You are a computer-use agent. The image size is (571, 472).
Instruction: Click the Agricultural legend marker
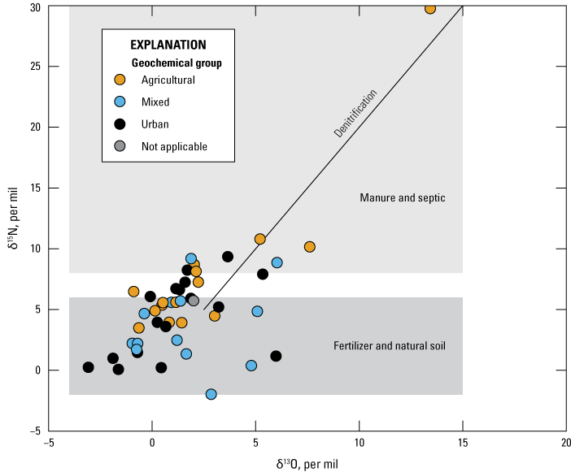pos(120,80)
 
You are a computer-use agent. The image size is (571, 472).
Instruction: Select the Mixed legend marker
pos(120,102)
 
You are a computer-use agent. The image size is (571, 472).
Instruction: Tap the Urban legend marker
pos(120,124)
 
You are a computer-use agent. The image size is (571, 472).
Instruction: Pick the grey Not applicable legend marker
pos(120,146)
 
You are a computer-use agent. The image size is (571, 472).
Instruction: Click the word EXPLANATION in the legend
pos(168,45)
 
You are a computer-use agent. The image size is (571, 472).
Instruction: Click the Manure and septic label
pos(402,198)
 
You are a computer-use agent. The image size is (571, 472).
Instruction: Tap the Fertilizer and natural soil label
pos(390,346)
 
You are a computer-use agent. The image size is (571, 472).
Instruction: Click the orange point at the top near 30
pos(430,8)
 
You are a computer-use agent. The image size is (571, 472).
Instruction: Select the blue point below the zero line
pos(211,394)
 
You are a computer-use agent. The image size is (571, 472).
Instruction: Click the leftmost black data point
pos(88,367)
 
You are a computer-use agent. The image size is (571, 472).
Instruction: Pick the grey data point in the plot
pos(194,301)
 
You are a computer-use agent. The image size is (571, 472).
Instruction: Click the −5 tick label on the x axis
pos(48,444)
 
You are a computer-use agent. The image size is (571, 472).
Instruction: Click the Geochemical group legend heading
pos(177,63)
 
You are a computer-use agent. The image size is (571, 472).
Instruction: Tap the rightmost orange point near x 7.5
pos(309,247)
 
